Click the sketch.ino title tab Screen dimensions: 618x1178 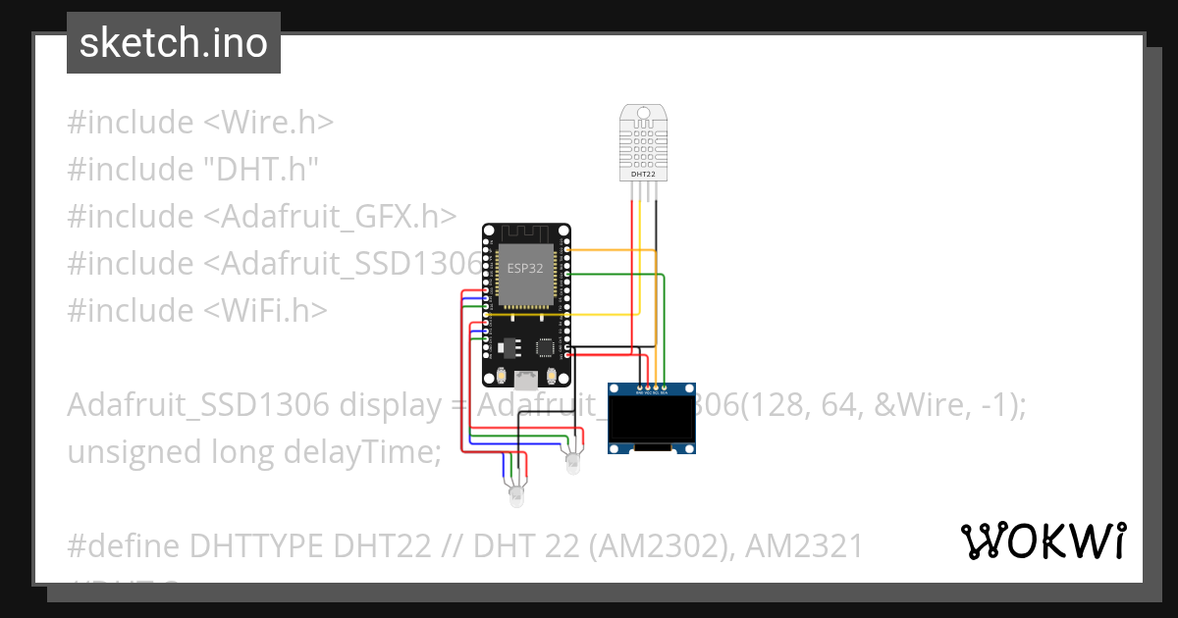(173, 43)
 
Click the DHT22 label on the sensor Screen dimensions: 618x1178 (643, 174)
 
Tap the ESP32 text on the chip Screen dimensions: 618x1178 (524, 267)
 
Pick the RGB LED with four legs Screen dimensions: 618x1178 (516, 495)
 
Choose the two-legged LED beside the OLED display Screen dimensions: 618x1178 (572, 461)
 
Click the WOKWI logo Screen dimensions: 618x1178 (1044, 541)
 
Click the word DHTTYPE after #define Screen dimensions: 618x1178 (257, 545)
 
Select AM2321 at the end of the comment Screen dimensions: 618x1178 (804, 545)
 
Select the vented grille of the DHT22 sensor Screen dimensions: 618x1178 (643, 140)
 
